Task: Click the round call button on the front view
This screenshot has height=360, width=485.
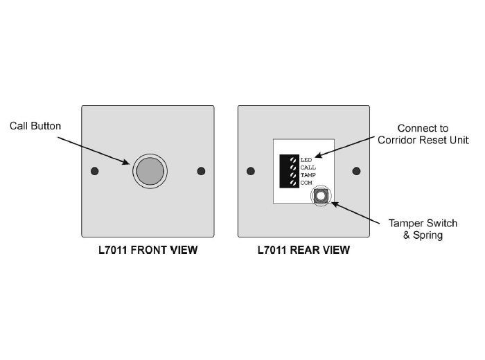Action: click(x=150, y=170)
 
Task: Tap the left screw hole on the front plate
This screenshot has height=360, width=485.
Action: click(x=95, y=171)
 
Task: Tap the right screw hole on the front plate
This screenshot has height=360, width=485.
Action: click(x=202, y=171)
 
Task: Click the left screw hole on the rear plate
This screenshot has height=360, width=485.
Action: click(x=251, y=171)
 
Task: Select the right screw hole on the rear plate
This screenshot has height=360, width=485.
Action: click(x=358, y=171)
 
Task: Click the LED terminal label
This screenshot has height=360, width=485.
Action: click(x=305, y=160)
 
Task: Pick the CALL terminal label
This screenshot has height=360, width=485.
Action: click(x=308, y=168)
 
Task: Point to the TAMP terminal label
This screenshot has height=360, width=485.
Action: click(x=308, y=175)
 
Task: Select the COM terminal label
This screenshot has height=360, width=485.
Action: click(x=306, y=183)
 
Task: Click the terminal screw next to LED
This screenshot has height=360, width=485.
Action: click(x=294, y=161)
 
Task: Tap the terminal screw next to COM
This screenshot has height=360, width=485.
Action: click(x=294, y=183)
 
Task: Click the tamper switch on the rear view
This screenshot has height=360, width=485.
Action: click(x=321, y=196)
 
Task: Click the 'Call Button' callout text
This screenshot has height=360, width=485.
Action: click(x=35, y=126)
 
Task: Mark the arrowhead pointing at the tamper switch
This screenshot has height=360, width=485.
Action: click(x=334, y=204)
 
